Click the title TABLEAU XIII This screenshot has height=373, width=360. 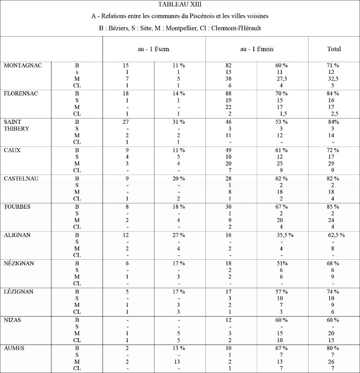point(180,5)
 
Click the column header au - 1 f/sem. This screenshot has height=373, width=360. point(154,49)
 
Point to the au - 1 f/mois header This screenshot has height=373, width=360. point(257,49)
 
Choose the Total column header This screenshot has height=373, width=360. point(334,49)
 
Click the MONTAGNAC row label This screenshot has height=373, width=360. point(23,65)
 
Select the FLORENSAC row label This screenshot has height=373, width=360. point(21,93)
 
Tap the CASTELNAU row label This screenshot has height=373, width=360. point(21,178)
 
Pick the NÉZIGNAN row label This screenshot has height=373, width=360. point(19,263)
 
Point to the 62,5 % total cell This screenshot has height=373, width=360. point(336,235)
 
